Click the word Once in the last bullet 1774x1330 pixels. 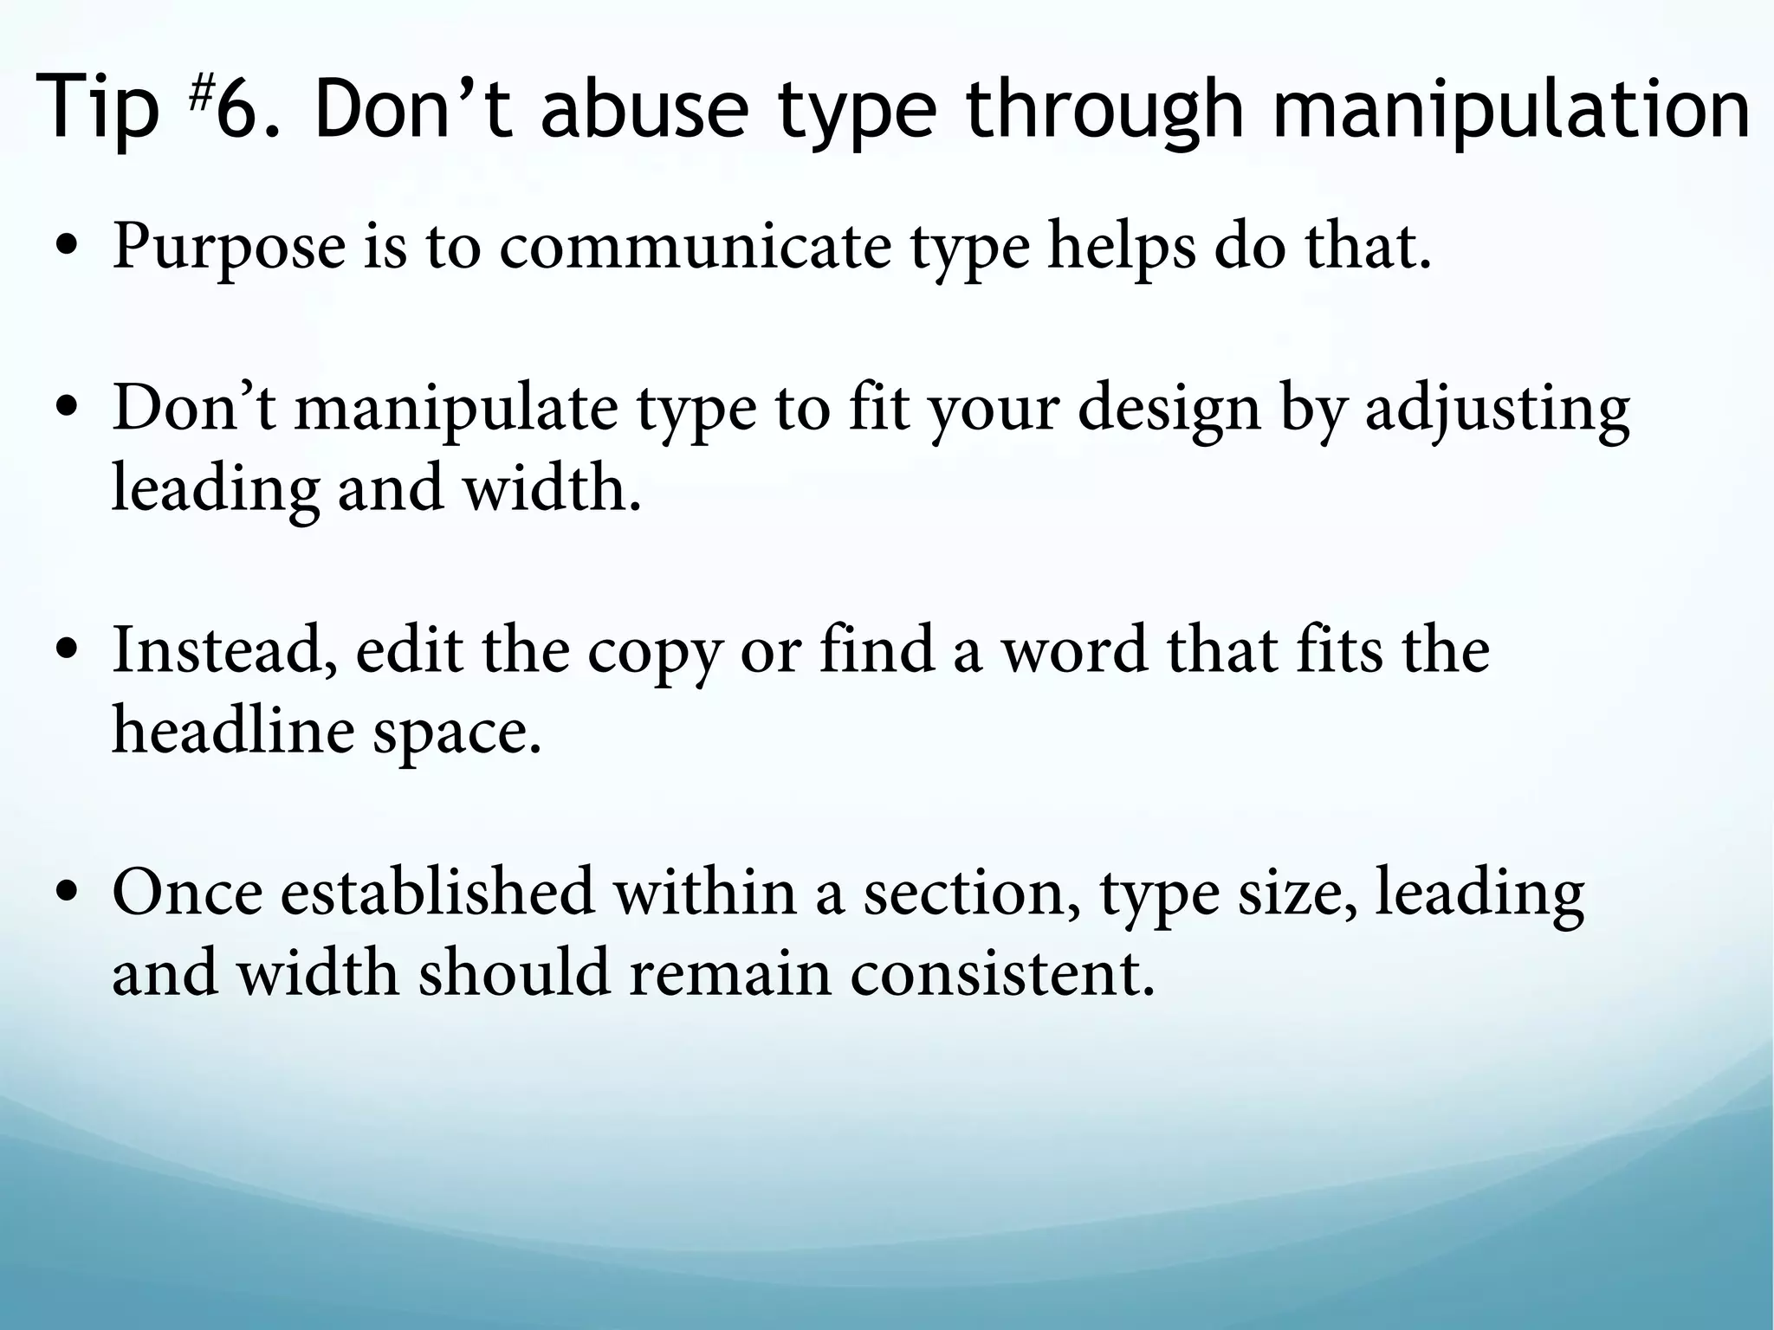click(x=187, y=893)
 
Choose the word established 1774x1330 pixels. click(x=437, y=893)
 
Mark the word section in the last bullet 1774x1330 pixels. click(x=971, y=893)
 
